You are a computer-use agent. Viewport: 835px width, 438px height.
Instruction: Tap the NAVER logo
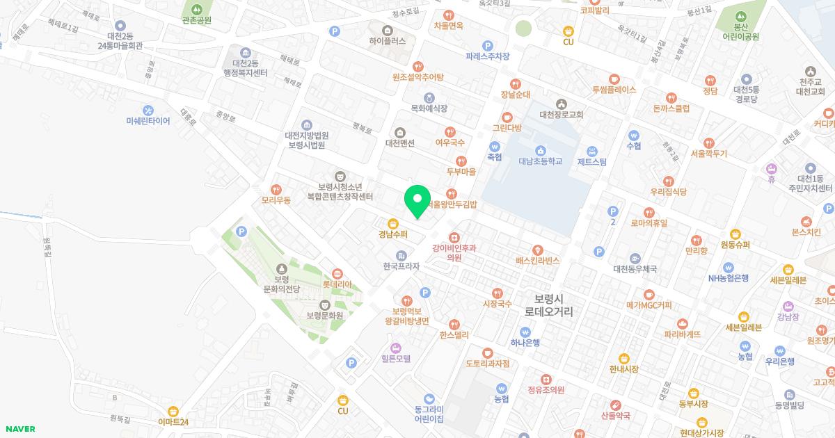click(19, 429)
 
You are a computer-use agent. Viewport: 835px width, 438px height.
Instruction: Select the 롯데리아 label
click(337, 284)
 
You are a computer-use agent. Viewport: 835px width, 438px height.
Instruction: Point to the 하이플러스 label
click(388, 41)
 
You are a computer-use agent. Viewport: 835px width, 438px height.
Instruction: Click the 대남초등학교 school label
click(540, 161)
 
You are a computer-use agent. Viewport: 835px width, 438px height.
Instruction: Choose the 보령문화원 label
click(324, 315)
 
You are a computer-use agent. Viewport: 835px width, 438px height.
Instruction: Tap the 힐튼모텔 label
click(396, 359)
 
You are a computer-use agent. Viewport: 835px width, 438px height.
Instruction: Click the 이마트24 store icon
click(173, 411)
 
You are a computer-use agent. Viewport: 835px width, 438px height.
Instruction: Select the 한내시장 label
click(623, 369)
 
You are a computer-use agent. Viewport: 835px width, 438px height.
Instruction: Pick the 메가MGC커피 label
click(649, 305)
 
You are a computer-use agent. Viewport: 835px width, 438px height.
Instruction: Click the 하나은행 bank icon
click(525, 331)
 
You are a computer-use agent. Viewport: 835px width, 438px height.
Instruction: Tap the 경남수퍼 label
click(393, 234)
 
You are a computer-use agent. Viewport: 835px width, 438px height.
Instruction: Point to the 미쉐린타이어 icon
click(148, 110)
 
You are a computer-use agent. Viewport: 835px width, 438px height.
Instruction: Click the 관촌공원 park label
click(196, 20)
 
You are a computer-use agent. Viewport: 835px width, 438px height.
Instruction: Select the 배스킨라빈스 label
click(537, 261)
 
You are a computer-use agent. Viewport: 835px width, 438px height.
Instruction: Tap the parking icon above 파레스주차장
click(488, 45)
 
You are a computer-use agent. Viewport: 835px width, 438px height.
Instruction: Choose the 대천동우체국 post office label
click(635, 268)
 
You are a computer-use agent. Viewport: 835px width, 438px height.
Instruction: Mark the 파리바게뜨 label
click(682, 334)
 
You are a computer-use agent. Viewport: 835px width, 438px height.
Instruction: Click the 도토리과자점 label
click(487, 364)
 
